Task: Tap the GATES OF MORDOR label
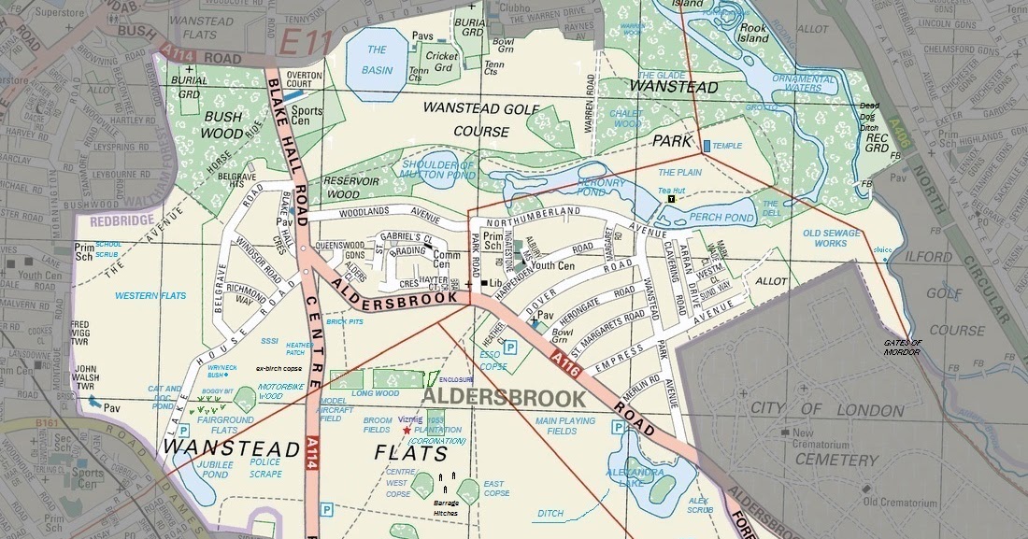click(902, 347)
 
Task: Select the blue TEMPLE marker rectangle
click(706, 146)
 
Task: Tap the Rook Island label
click(753, 34)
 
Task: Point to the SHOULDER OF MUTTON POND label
click(438, 169)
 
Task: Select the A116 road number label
click(565, 363)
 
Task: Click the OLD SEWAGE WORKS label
click(831, 238)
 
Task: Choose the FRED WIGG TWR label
click(86, 331)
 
